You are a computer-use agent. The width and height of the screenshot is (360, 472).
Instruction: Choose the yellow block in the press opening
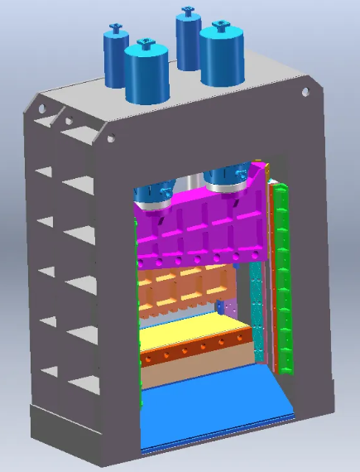coord(194,335)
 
